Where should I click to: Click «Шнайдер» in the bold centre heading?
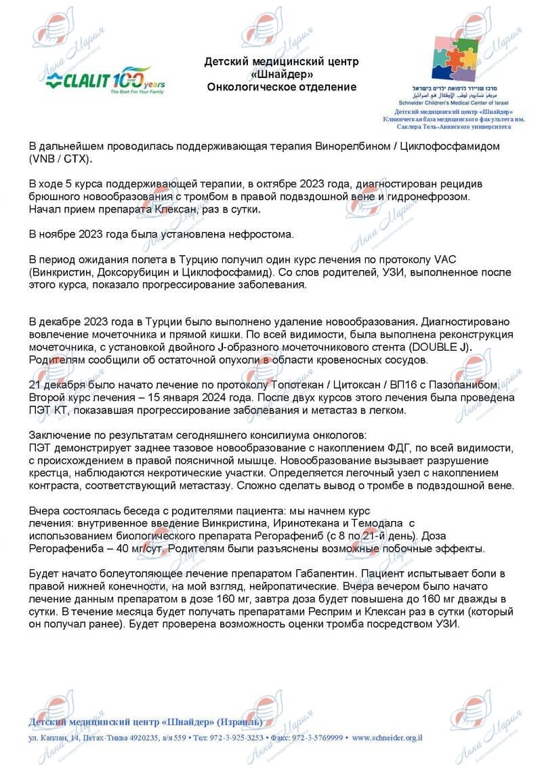click(x=281, y=75)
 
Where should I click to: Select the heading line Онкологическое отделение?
click(x=281, y=88)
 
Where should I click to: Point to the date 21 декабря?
click(x=54, y=385)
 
